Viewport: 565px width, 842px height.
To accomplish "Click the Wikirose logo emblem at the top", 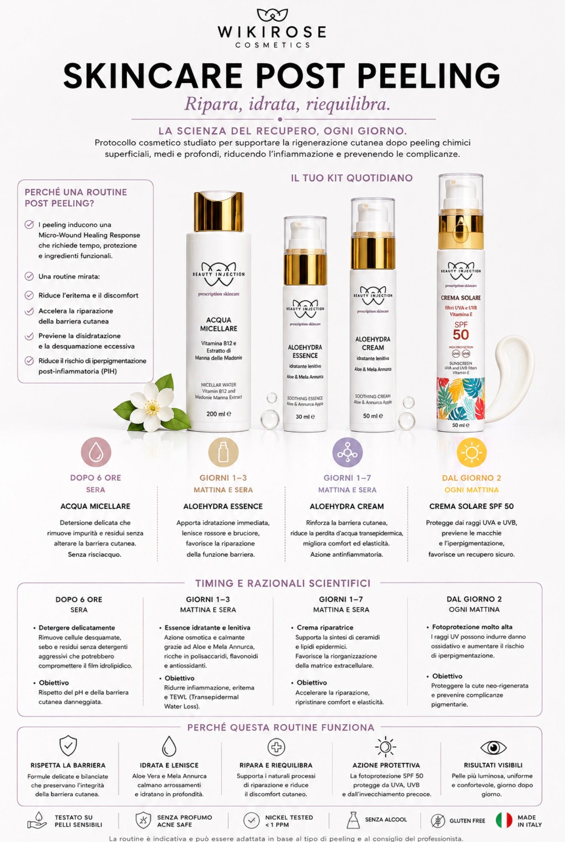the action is [x=272, y=15].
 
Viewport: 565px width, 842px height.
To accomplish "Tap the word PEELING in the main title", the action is [x=428, y=76].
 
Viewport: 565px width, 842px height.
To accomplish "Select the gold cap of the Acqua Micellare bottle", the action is [x=219, y=212].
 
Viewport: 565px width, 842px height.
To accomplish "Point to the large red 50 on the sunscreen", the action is [x=461, y=335].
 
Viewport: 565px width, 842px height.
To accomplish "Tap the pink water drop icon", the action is [x=96, y=452].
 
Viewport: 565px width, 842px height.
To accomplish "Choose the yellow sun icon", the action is [x=472, y=452].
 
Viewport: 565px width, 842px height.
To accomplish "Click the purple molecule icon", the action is [x=347, y=452].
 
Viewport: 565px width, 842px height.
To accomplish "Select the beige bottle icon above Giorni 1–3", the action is [x=223, y=452].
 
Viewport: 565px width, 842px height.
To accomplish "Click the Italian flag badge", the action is [x=504, y=820].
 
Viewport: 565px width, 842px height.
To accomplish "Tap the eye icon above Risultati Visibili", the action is [x=493, y=748].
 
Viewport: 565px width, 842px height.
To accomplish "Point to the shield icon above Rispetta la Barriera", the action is [x=68, y=746].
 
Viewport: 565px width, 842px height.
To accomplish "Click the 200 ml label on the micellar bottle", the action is [x=219, y=414].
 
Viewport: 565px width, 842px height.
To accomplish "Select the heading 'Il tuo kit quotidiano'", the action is [x=352, y=178].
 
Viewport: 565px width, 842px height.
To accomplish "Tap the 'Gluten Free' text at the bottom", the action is [x=467, y=821].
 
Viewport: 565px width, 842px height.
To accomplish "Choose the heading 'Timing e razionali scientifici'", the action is [x=283, y=583].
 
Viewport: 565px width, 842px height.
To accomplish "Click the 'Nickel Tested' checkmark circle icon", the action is [x=251, y=820].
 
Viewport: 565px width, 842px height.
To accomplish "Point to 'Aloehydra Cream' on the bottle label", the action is [x=373, y=343].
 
